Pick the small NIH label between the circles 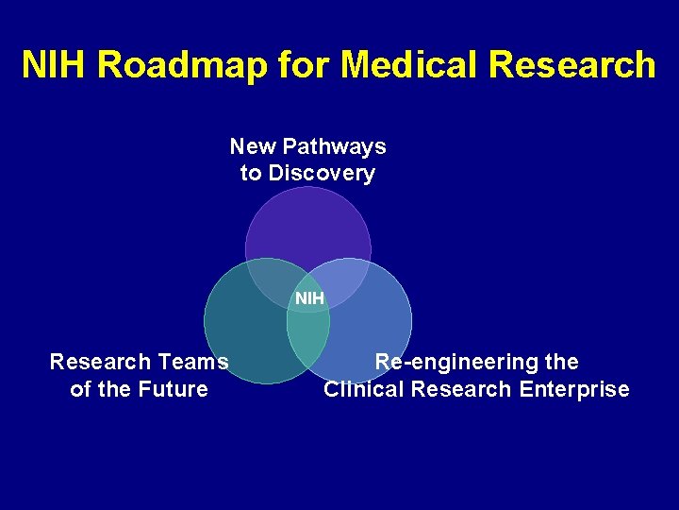309,298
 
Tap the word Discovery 322,173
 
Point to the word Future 172,389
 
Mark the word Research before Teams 100,362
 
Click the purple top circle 306,227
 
